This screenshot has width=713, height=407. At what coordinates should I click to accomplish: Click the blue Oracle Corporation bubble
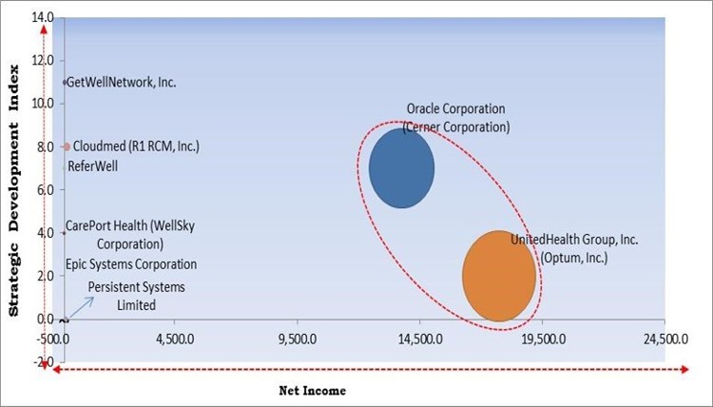401,167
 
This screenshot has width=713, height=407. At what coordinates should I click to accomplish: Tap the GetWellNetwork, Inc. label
123,83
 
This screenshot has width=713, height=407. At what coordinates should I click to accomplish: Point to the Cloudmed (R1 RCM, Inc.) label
136,146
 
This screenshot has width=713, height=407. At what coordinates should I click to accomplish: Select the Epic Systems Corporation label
131,264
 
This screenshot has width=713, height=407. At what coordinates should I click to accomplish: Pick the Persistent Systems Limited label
137,295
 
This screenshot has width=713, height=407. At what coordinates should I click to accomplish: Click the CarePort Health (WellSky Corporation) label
123,234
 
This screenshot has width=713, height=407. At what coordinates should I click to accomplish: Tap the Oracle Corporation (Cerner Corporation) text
456,118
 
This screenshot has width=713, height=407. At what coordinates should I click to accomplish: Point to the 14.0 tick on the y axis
43,18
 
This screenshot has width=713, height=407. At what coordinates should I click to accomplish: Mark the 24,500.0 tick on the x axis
665,338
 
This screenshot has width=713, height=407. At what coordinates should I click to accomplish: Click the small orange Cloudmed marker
66,146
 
